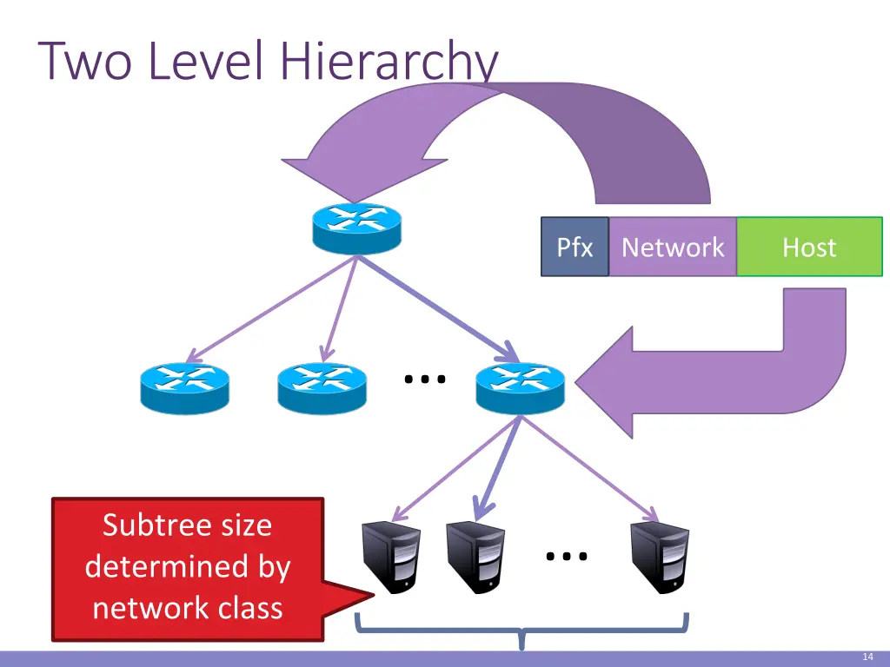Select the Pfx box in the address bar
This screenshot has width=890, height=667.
point(575,248)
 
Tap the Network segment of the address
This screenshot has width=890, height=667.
point(673,248)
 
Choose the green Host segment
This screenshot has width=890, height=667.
point(809,248)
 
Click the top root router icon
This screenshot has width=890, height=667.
point(356,228)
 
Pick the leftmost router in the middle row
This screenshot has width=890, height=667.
point(184,387)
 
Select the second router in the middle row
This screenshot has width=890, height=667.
point(322,387)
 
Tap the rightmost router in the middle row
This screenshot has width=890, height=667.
point(520,387)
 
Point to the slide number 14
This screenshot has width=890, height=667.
point(867,657)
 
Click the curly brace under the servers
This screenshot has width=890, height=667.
point(521,631)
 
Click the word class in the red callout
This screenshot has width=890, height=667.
point(250,607)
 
